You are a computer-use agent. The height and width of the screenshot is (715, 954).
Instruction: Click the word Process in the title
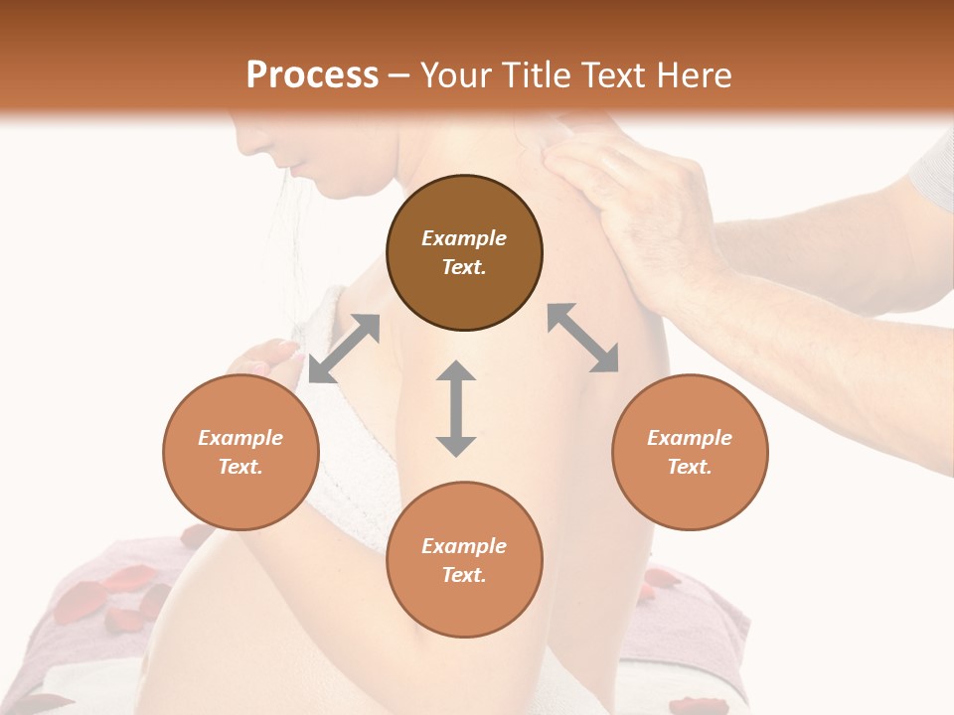click(x=312, y=75)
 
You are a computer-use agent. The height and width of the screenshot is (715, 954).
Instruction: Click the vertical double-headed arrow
click(x=456, y=408)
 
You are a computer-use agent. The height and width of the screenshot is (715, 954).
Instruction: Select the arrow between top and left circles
click(x=344, y=348)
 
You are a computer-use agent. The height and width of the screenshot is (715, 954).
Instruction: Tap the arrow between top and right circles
click(x=582, y=338)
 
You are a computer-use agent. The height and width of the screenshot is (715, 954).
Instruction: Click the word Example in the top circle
click(x=464, y=238)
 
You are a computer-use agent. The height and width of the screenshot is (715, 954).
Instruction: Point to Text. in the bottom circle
click(x=464, y=575)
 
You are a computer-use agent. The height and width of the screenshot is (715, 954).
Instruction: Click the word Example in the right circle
click(x=690, y=438)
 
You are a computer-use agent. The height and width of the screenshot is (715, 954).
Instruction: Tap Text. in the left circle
click(x=240, y=467)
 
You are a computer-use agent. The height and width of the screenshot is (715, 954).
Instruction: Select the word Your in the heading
click(x=453, y=75)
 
